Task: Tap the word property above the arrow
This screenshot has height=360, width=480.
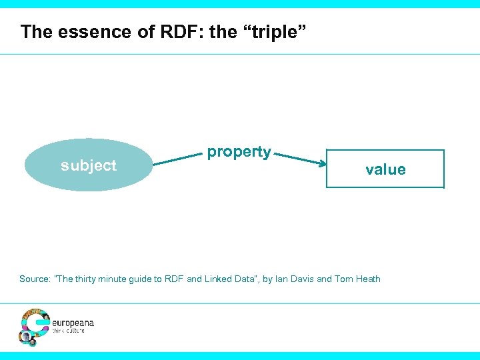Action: (239, 152)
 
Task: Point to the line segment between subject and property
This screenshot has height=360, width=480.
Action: (179, 159)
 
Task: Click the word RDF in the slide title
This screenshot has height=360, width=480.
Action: (175, 31)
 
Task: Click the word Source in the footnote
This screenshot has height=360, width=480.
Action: (34, 279)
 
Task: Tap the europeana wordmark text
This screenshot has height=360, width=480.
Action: (73, 323)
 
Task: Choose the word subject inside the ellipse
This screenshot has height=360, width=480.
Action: (88, 165)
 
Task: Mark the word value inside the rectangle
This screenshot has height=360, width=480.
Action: (385, 170)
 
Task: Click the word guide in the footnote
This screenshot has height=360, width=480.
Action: (149, 279)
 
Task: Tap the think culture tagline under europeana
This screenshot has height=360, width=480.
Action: (69, 331)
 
